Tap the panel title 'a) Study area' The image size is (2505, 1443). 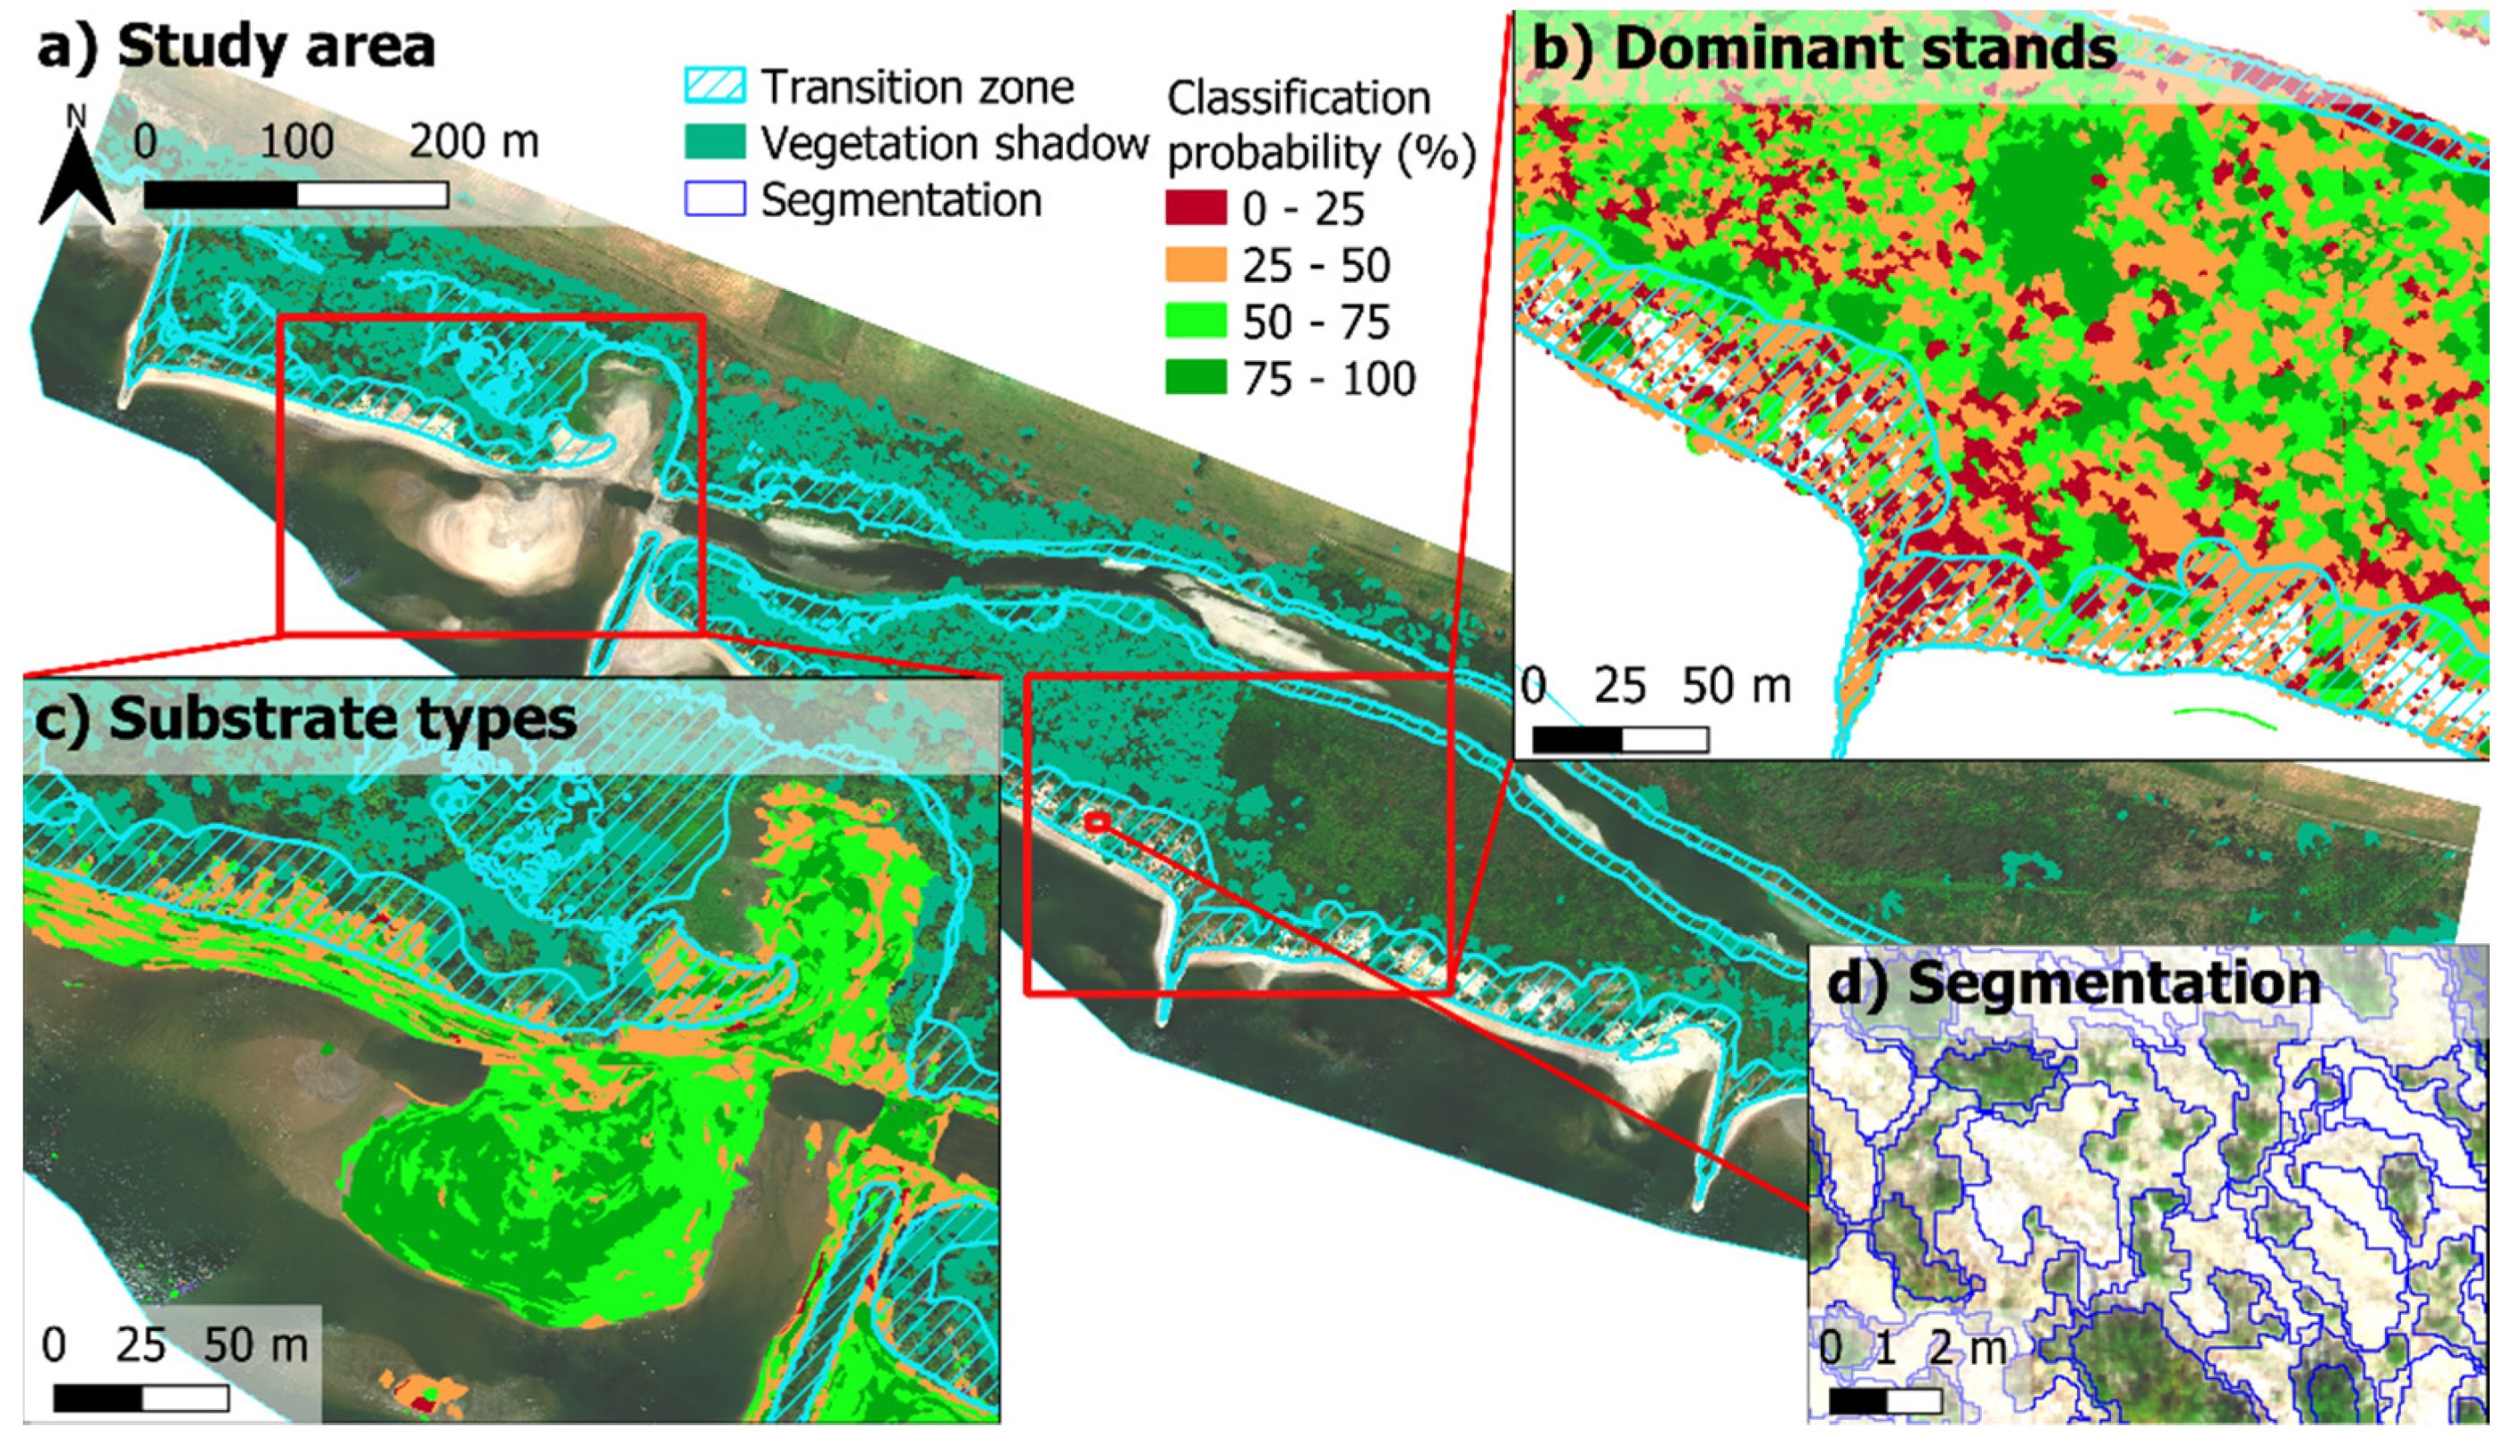tap(236, 47)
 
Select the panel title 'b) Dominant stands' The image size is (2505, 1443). tap(1823, 47)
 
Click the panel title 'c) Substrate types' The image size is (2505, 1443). tap(305, 718)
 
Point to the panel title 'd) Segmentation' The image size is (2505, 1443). tap(2073, 984)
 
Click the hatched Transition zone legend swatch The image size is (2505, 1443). tap(715, 86)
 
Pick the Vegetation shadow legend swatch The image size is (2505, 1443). tap(715, 142)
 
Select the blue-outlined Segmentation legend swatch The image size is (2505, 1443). tap(715, 198)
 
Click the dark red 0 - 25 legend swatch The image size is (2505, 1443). tap(1195, 208)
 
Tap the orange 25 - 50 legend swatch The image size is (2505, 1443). tap(1195, 264)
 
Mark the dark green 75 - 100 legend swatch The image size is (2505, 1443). tap(1195, 379)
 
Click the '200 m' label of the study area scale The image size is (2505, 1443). tap(474, 142)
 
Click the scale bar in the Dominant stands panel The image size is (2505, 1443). tap(1620, 739)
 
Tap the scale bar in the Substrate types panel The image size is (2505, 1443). tap(141, 1398)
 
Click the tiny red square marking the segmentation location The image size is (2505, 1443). tap(1096, 822)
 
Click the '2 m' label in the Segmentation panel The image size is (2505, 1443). tap(1967, 1348)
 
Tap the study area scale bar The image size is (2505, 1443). tap(296, 195)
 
